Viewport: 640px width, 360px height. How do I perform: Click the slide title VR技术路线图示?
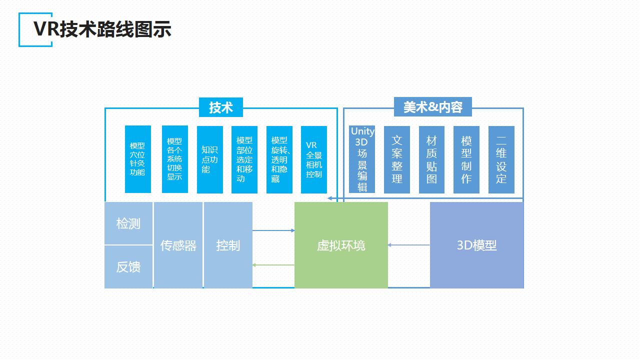point(102,29)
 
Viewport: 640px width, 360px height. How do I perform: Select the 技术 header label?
point(220,107)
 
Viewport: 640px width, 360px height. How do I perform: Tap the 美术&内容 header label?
point(432,107)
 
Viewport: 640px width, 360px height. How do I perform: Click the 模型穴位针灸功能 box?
point(137,159)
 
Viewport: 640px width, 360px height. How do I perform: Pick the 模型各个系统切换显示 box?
point(174,159)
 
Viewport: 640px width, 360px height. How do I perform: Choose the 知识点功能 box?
point(209,159)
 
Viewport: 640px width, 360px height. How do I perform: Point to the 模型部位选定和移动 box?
point(244,159)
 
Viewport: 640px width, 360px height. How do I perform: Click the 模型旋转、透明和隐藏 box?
point(279,159)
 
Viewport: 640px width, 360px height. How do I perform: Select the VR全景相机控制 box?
point(314,159)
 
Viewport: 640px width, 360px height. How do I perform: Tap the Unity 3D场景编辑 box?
point(362,159)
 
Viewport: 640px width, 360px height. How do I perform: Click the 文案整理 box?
point(397,159)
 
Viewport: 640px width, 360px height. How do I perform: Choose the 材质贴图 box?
point(432,159)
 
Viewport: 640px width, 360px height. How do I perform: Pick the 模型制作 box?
point(466,159)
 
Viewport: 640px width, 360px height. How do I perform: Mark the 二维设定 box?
point(501,159)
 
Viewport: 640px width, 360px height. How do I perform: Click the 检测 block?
point(128,223)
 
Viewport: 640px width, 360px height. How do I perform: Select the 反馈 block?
point(128,267)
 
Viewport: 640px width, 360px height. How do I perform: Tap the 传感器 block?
point(178,245)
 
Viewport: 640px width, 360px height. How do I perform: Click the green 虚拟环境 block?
point(341,245)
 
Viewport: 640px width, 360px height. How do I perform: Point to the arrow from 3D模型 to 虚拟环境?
point(409,245)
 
